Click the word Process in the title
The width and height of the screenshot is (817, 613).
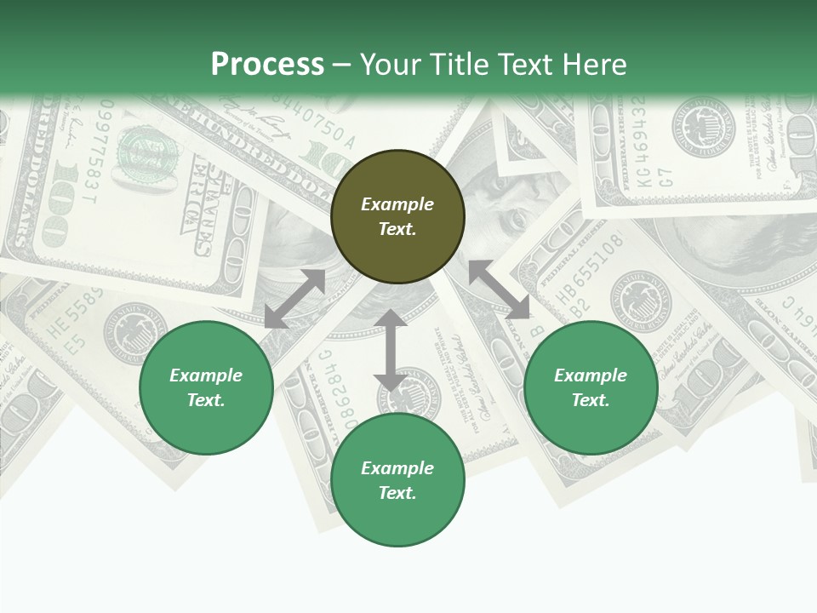click(x=267, y=65)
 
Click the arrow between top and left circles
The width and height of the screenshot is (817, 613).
click(x=294, y=299)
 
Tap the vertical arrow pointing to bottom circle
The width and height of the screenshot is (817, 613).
click(x=391, y=350)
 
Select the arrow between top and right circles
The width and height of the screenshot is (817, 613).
click(x=499, y=289)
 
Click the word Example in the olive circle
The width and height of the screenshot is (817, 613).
click(x=397, y=204)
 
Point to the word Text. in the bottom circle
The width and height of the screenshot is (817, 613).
click(x=397, y=493)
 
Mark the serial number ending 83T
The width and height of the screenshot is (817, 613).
click(x=93, y=153)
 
